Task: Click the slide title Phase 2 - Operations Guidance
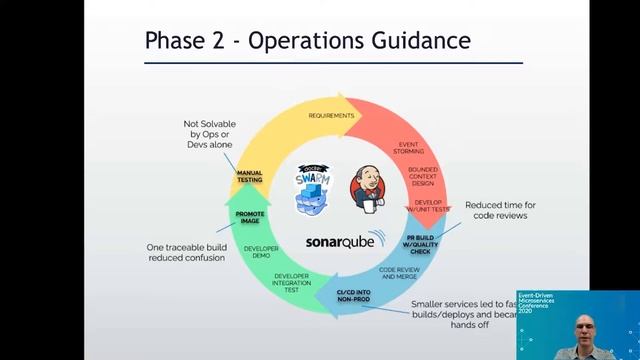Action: [307, 41]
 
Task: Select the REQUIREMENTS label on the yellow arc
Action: [331, 115]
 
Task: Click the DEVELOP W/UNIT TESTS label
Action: [428, 206]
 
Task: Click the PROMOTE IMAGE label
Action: [250, 217]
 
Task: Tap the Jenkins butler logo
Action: [367, 189]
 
